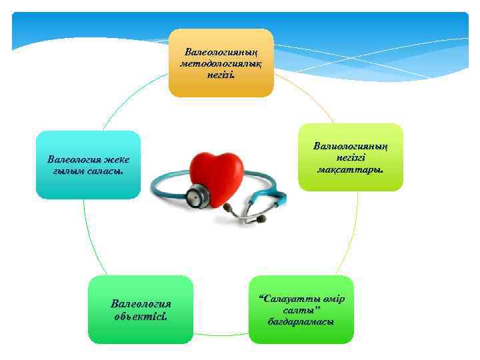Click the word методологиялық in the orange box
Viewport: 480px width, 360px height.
[x=221, y=63]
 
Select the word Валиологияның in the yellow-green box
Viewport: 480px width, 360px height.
[x=351, y=146]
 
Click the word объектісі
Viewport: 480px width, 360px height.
[x=141, y=315]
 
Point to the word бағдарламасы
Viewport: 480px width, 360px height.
[x=301, y=321]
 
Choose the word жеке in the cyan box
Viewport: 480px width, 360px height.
[x=116, y=159]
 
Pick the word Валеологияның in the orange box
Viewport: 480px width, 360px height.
[x=221, y=51]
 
